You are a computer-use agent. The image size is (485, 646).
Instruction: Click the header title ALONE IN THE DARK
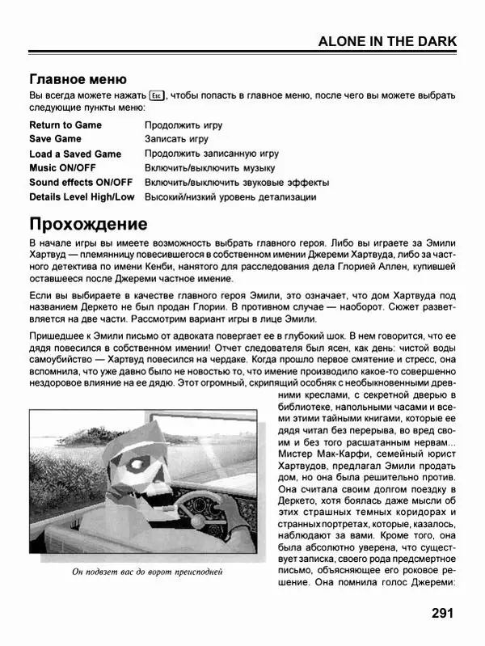(x=387, y=42)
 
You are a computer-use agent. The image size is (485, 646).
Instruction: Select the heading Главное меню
(x=78, y=79)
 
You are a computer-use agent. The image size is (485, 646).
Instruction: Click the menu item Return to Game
(x=65, y=125)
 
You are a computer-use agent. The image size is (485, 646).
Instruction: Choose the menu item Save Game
(x=56, y=139)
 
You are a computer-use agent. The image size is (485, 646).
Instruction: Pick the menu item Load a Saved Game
(x=75, y=154)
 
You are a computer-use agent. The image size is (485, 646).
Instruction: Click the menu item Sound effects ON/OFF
(x=81, y=182)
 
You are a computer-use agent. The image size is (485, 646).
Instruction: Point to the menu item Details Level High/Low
(x=82, y=196)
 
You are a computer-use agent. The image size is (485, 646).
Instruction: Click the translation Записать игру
(x=176, y=139)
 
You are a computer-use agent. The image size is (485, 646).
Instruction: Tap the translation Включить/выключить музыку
(x=209, y=168)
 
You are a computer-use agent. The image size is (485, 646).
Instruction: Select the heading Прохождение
(x=88, y=223)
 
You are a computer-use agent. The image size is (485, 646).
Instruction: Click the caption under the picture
(x=146, y=572)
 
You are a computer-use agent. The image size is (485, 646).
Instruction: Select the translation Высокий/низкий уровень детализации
(x=230, y=196)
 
